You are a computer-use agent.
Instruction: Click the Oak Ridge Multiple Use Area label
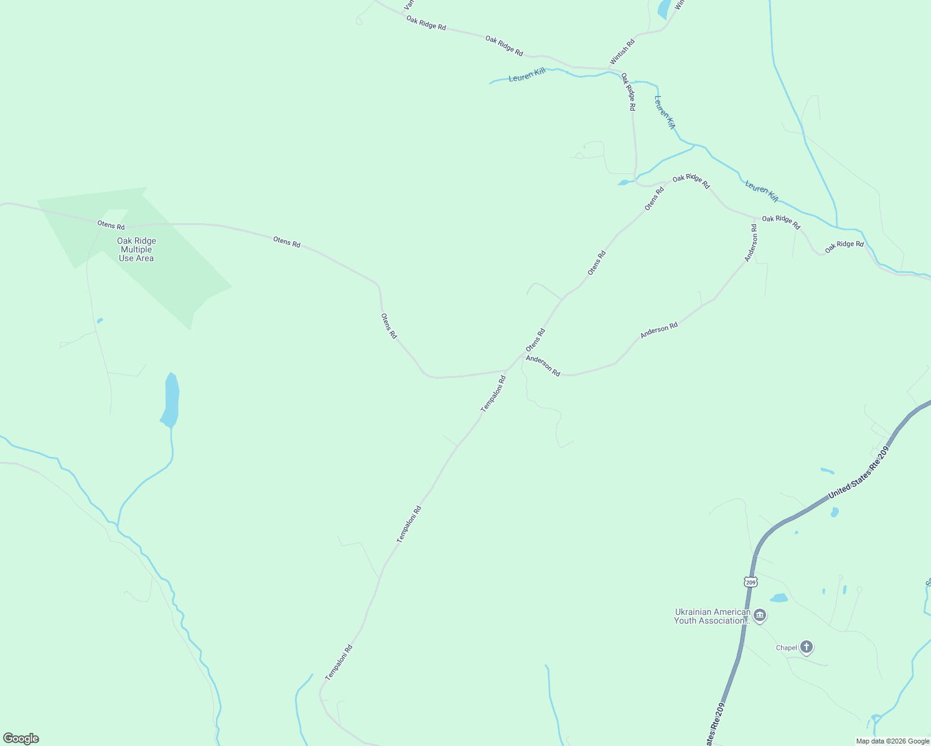click(x=136, y=249)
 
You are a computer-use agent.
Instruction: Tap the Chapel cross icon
click(x=807, y=647)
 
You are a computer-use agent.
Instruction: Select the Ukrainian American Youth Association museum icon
click(x=760, y=616)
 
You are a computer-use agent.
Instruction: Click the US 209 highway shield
click(x=751, y=582)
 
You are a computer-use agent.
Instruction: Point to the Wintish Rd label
click(x=622, y=52)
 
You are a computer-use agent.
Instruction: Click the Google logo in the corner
click(x=21, y=739)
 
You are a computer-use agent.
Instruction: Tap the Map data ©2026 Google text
click(x=892, y=741)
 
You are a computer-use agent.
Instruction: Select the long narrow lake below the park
click(x=171, y=400)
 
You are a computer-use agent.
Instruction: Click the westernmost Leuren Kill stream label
click(x=526, y=75)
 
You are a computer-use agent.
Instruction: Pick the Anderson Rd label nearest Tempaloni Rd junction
click(x=543, y=366)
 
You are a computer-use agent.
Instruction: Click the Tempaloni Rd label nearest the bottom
click(x=339, y=661)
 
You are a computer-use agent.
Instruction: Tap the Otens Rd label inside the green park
click(x=111, y=225)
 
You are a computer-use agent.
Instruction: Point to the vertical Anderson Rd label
click(x=752, y=242)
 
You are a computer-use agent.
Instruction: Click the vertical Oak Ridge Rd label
click(x=628, y=92)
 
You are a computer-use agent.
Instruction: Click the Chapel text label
click(x=786, y=648)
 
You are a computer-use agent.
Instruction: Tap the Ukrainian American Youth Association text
click(x=712, y=616)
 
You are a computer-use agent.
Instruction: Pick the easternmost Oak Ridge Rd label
click(x=844, y=247)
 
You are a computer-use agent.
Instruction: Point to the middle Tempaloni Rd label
click(x=409, y=524)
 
